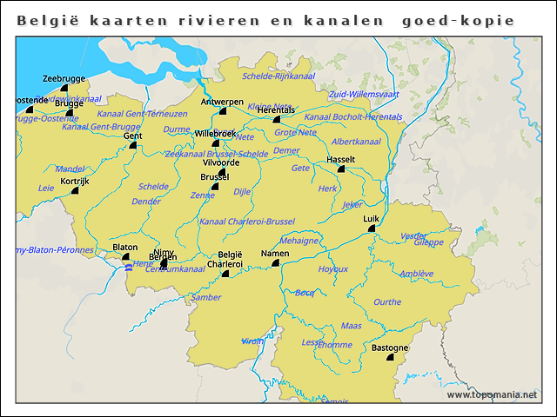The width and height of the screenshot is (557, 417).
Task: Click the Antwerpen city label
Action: click(x=222, y=102)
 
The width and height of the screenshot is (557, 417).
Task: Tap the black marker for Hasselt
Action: click(x=341, y=169)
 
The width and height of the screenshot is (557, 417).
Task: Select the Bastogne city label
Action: click(x=389, y=347)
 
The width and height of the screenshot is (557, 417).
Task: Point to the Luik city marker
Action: click(x=372, y=228)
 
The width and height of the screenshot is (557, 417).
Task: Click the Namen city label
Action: click(x=274, y=253)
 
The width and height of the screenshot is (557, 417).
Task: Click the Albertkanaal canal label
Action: click(x=356, y=141)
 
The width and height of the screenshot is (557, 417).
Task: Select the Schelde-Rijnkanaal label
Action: click(x=278, y=76)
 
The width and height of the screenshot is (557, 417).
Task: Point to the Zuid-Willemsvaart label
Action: click(x=365, y=93)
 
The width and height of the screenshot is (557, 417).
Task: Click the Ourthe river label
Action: click(x=387, y=301)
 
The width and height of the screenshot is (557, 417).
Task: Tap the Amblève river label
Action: click(x=416, y=273)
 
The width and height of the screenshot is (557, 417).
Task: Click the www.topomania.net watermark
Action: click(x=492, y=394)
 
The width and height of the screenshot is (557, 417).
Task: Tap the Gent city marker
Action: click(x=133, y=145)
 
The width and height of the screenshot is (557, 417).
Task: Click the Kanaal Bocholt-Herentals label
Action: click(x=352, y=116)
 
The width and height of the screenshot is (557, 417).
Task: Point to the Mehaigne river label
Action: click(x=299, y=241)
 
